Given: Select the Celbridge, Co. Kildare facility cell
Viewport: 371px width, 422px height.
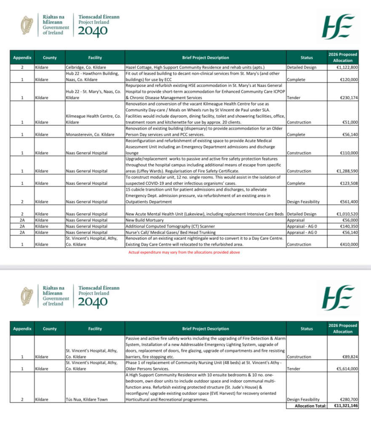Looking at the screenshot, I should pyautogui.click(x=85, y=67).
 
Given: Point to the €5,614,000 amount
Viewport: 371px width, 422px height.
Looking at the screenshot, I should pyautogui.click(x=346, y=368).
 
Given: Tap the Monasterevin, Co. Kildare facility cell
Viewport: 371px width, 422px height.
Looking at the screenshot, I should pyautogui.click(x=91, y=134).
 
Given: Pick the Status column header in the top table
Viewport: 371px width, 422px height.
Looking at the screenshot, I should pyautogui.click(x=307, y=57).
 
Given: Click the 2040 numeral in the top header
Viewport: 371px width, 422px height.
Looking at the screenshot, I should pyautogui.click(x=93, y=31).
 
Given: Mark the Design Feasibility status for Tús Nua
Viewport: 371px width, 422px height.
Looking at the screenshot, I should pyautogui.click(x=303, y=399).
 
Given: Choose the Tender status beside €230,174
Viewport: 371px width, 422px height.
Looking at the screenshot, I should pyautogui.click(x=293, y=97).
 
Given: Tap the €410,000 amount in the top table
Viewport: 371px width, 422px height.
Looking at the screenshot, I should pyautogui.click(x=348, y=244).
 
